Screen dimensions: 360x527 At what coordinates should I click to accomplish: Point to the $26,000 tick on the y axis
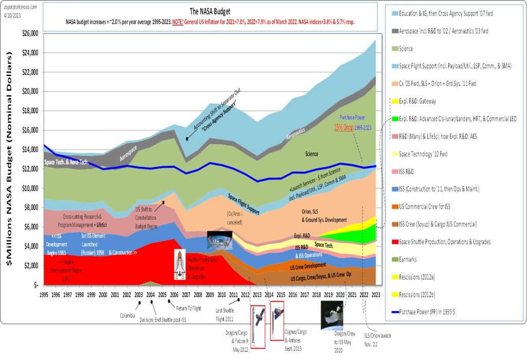[29, 34]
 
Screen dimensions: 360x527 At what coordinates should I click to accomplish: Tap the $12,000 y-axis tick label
[29, 169]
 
